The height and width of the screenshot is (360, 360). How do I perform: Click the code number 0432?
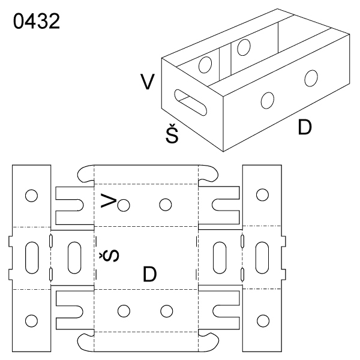click(35, 22)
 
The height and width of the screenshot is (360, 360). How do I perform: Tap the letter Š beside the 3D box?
click(172, 136)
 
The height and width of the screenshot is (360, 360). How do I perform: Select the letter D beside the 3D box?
click(305, 127)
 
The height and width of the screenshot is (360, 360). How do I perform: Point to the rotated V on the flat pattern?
click(107, 201)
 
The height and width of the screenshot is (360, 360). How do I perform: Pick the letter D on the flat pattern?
click(150, 274)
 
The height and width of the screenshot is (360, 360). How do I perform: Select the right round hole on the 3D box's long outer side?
click(311, 78)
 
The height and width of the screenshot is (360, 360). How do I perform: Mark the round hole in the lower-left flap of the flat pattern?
click(31, 319)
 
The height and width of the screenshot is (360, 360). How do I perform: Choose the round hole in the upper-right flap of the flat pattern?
click(262, 194)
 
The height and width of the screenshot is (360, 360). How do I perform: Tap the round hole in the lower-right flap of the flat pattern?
click(262, 319)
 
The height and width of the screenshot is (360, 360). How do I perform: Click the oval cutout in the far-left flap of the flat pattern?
click(32, 257)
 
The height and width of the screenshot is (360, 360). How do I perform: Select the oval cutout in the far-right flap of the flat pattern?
click(262, 257)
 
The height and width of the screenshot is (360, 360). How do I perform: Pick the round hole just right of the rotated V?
click(124, 205)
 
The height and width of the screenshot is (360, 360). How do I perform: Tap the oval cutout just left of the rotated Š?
click(74, 257)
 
